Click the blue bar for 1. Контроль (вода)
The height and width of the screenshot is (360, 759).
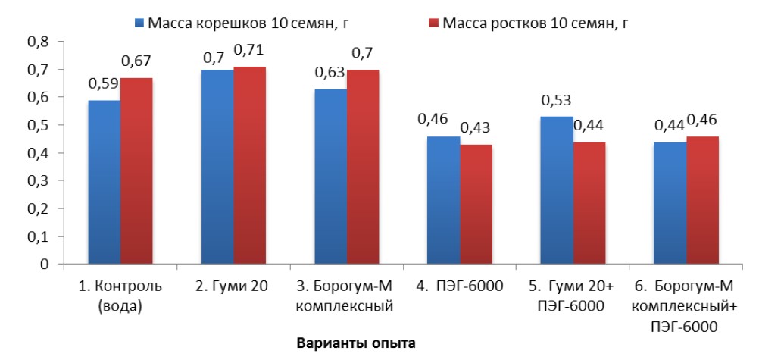[104, 182]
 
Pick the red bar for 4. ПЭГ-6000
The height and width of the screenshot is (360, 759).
[476, 205]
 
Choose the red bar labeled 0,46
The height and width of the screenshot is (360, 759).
[702, 200]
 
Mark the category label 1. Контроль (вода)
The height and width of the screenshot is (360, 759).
[120, 297]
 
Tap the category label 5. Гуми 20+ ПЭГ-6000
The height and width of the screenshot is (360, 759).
[573, 297]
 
